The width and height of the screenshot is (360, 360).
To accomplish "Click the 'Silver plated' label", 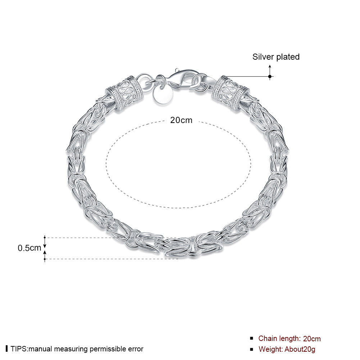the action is (x=276, y=57).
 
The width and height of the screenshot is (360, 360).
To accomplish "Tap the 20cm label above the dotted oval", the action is (x=181, y=120).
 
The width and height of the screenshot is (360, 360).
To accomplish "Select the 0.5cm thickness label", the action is (x=29, y=248).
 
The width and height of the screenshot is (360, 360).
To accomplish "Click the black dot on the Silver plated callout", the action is (x=270, y=77).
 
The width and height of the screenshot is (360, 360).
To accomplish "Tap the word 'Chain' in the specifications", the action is (x=267, y=338).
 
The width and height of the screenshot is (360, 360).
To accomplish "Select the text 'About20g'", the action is (x=300, y=349).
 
